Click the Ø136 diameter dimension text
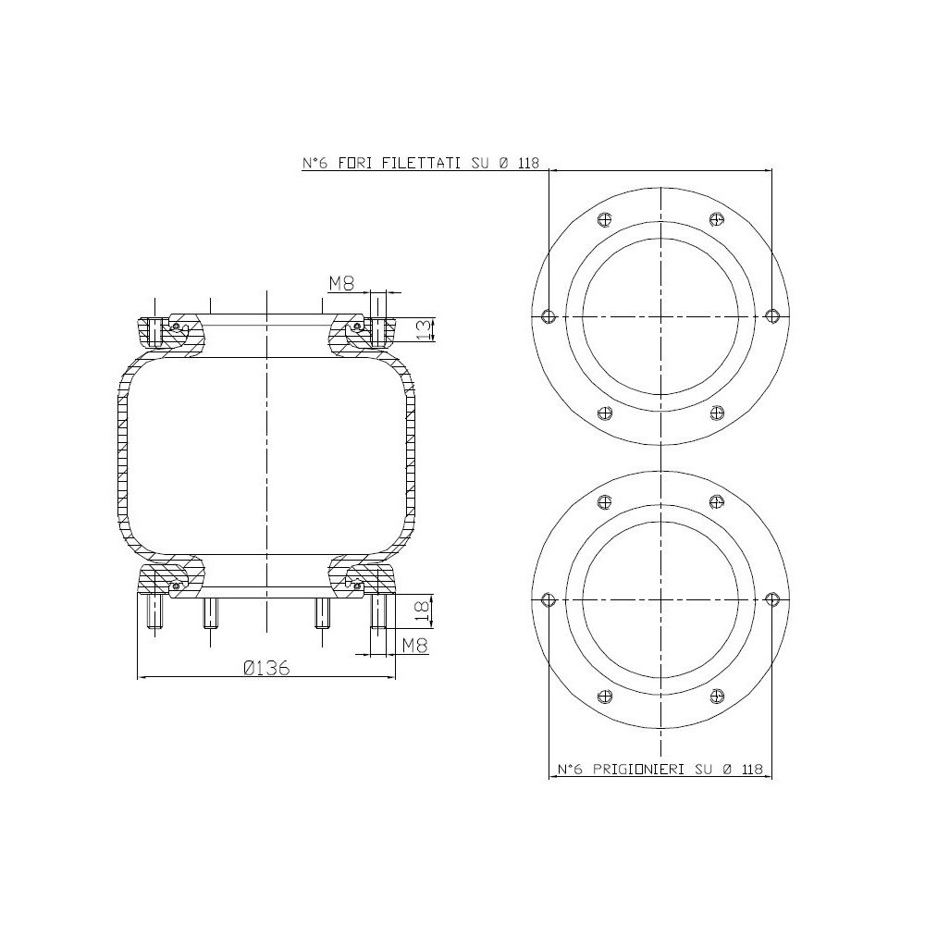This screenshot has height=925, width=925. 266,668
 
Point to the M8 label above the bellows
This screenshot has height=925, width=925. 342,284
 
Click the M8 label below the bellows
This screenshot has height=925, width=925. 415,647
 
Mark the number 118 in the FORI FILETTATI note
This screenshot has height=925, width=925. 529,163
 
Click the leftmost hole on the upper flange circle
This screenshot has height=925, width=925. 549,315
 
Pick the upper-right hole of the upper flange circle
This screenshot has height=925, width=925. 716,219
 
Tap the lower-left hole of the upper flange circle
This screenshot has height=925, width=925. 605,413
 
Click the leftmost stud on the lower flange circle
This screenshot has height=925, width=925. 549,598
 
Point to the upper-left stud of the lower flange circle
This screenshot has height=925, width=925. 605,501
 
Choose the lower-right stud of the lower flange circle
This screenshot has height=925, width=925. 716,696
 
